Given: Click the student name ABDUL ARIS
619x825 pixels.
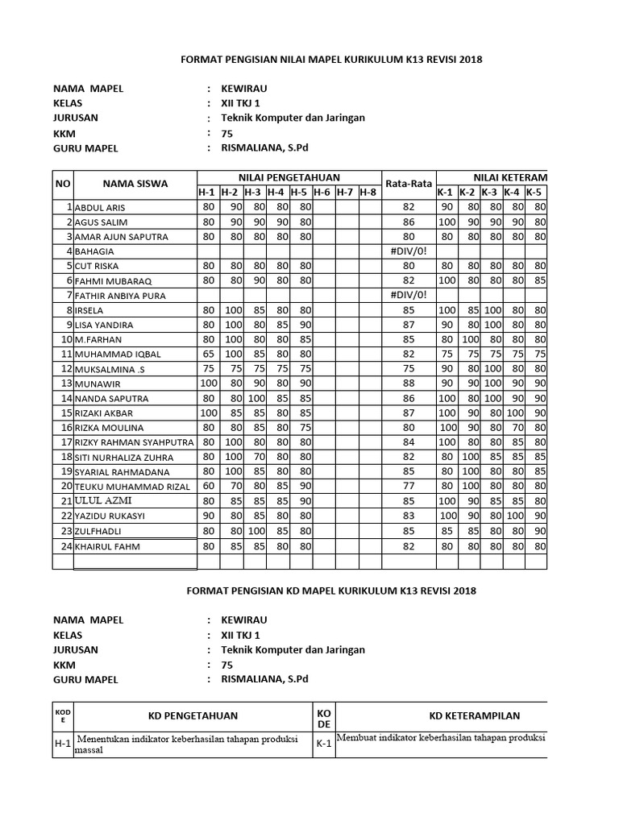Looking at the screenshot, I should tap(101, 208).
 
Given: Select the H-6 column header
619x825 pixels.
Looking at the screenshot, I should tap(322, 192).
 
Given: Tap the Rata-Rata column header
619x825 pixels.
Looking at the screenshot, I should tap(409, 184).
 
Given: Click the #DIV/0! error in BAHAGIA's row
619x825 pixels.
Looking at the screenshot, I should tap(408, 251).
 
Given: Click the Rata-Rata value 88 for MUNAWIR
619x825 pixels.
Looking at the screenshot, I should tap(408, 383).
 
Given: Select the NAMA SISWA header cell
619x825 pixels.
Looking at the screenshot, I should tap(135, 184).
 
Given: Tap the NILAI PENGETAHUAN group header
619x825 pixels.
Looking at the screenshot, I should tap(289, 177).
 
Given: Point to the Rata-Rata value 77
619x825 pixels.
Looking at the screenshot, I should tap(408, 486).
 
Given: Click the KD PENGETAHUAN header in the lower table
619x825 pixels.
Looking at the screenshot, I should tap(193, 715).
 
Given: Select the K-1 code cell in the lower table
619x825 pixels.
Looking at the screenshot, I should tap(324, 744).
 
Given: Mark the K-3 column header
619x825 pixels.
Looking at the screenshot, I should tap(490, 192).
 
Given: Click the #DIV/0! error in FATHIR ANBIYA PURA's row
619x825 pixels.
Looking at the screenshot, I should tap(408, 295).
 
